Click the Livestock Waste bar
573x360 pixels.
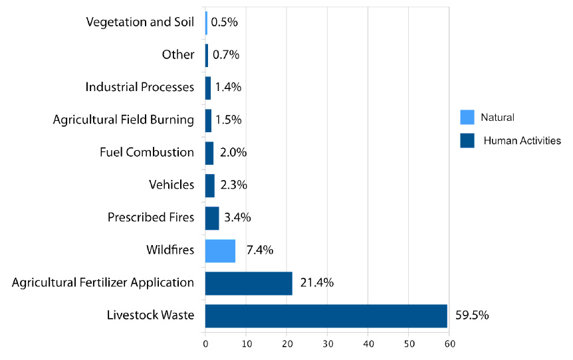[x=326, y=315]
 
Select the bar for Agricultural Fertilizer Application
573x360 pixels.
[x=249, y=283]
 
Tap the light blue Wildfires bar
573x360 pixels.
[x=220, y=250]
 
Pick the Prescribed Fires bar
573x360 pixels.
[x=212, y=218]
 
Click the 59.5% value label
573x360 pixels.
[x=472, y=315]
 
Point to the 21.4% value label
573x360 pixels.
[x=317, y=283]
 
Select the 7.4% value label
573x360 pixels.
[x=259, y=250]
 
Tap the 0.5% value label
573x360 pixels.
[x=224, y=22]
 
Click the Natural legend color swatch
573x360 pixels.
[x=467, y=117]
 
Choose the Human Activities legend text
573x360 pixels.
[x=522, y=140]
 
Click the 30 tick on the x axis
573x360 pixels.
[x=328, y=344]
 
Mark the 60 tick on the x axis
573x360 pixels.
[x=450, y=344]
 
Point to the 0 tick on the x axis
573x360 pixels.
[x=205, y=344]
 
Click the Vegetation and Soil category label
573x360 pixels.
[x=140, y=22]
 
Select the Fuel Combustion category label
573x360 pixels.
[x=147, y=152]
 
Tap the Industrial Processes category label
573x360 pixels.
[x=140, y=87]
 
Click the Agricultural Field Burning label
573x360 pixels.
[x=124, y=120]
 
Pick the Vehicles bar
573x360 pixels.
[x=210, y=185]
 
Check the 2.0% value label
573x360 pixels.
[x=233, y=152]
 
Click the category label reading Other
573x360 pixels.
[x=178, y=54]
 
